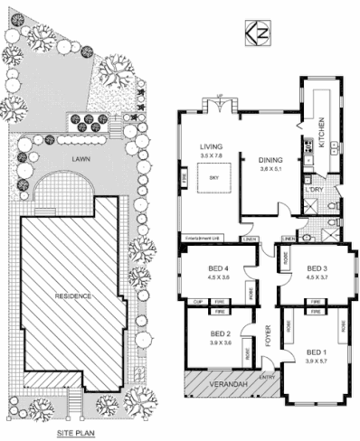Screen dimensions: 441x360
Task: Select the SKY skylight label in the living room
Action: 214,179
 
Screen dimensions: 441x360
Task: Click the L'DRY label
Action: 317,190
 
